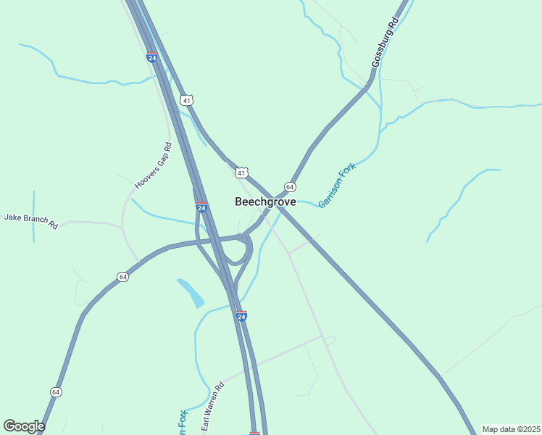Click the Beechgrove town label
coord(265,202)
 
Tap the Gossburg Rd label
coord(384,43)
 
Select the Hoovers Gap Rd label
coord(153,166)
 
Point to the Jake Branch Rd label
coord(30,221)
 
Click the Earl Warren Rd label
coord(213,404)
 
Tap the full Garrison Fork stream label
coord(337,185)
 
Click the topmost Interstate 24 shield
coord(151,57)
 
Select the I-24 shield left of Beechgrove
coord(201,207)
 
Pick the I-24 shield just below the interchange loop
coord(241,316)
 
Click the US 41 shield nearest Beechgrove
coord(241,173)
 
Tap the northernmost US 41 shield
coord(187,100)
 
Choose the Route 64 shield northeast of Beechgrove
coord(289,186)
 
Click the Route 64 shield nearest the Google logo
coord(56,391)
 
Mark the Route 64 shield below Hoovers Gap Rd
coord(123,277)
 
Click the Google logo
coord(24,426)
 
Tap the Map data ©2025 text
coord(510,429)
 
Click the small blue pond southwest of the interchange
coord(191,292)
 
